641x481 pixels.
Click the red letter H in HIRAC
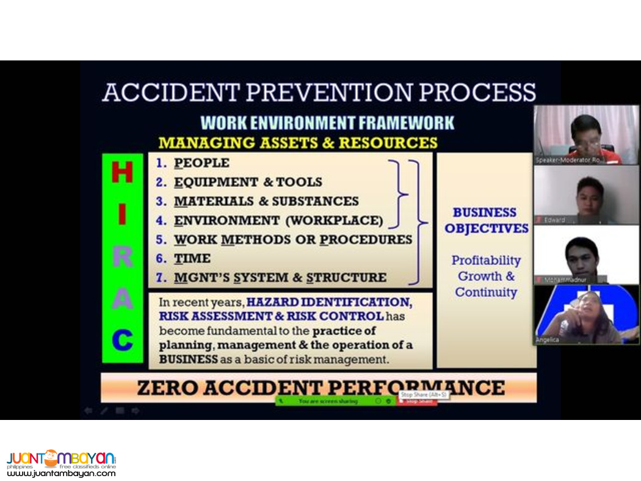click(x=122, y=173)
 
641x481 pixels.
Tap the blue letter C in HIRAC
click(x=122, y=339)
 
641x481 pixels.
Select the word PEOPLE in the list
click(x=201, y=163)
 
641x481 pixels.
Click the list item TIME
click(x=192, y=258)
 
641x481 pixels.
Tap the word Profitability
click(x=486, y=261)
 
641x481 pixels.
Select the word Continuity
click(x=486, y=292)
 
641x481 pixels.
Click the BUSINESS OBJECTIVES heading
click(x=486, y=220)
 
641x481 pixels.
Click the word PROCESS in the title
click(x=480, y=92)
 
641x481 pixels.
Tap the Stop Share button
click(x=418, y=401)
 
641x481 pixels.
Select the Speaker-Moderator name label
click(x=568, y=160)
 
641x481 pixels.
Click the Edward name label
click(x=554, y=220)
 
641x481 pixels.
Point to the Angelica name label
click(x=547, y=340)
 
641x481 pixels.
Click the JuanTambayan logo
click(x=61, y=458)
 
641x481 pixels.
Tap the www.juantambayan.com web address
click(x=61, y=473)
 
